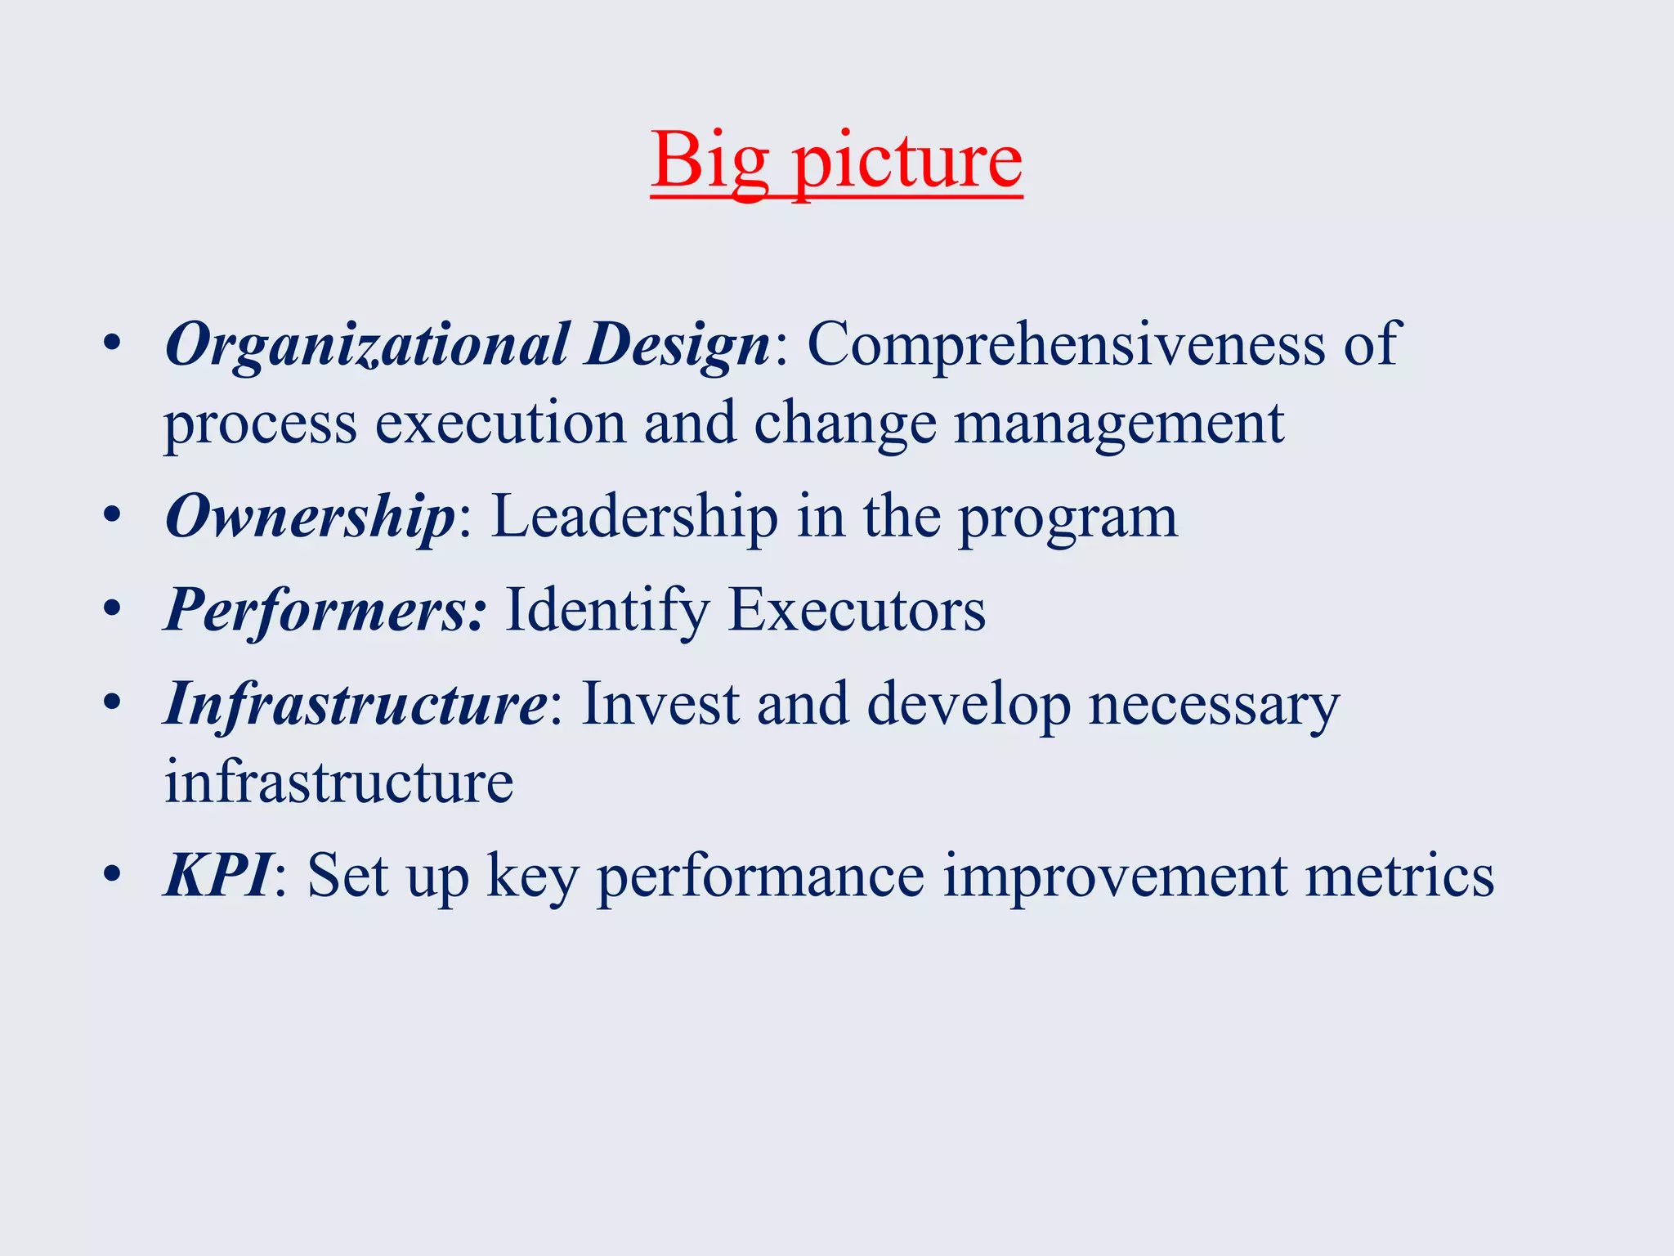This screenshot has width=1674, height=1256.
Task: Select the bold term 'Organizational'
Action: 366,344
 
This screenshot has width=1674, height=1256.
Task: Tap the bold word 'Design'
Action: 677,344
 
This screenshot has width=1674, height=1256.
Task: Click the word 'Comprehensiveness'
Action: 1066,344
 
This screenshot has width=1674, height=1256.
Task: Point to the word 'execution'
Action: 500,423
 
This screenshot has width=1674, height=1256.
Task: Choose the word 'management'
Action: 1119,423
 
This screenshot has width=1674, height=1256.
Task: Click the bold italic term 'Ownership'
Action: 310,517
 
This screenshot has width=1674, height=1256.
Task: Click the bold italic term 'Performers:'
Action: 325,610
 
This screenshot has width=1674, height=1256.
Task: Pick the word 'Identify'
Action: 607,610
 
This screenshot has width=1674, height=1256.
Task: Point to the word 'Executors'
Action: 857,610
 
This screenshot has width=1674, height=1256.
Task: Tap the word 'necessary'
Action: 1214,705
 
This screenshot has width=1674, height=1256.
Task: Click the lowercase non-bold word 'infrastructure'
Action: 338,782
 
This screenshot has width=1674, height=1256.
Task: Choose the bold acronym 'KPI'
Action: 217,875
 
